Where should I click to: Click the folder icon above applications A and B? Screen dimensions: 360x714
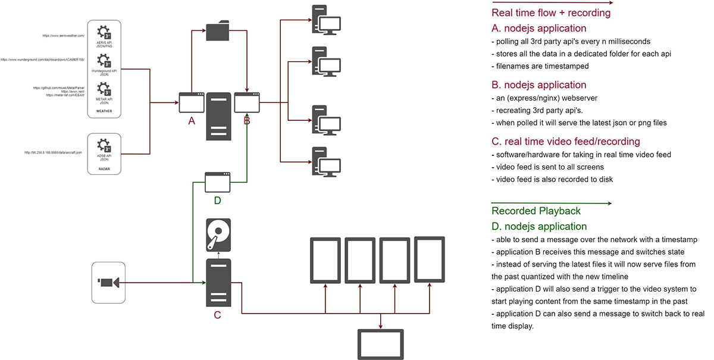(218, 32)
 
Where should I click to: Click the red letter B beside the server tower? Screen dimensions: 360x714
(246, 121)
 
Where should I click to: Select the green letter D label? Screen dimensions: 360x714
(217, 201)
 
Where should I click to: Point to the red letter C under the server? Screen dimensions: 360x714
(217, 315)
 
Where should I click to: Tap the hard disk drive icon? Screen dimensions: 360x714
(218, 234)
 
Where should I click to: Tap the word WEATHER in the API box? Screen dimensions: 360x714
(104, 111)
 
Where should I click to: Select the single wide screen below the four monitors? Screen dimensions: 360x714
(381, 345)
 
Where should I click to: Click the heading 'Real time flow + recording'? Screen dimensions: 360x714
(550, 12)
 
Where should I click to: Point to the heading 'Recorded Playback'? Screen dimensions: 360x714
(535, 211)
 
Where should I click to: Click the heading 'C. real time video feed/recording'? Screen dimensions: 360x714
(565, 142)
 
